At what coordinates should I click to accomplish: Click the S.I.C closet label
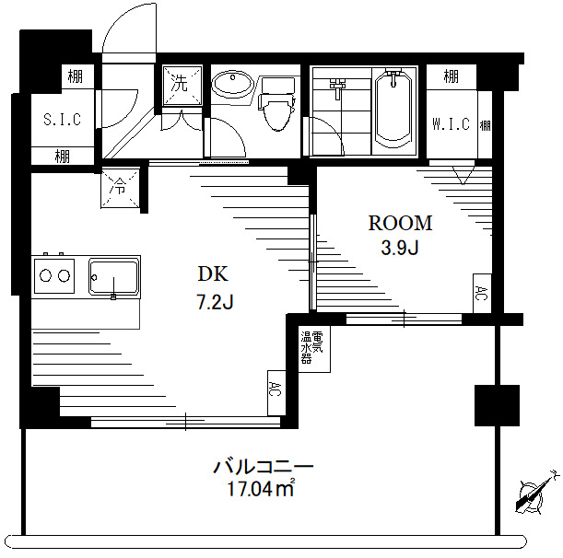coord(63,119)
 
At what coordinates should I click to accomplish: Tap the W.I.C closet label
coord(450,124)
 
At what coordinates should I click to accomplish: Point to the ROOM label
coord(400,223)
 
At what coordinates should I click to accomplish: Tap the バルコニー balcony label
coord(264,466)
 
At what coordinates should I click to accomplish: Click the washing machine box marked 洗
coord(180,83)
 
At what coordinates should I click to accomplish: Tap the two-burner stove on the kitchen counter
coord(53,274)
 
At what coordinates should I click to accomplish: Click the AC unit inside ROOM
coord(481,294)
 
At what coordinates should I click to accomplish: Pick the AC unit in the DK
coord(275,389)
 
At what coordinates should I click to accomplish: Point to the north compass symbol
coord(533,494)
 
